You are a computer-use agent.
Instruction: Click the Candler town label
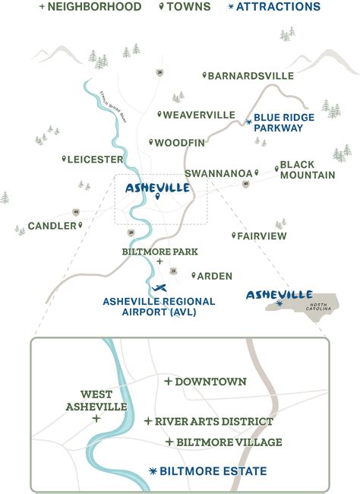(x=52, y=226)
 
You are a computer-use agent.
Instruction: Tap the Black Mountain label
(x=307, y=169)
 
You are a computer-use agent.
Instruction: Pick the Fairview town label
(x=262, y=236)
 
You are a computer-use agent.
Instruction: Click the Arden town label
(x=216, y=276)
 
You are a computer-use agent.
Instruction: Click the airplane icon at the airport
(x=159, y=287)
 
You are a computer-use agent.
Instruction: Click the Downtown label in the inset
(x=210, y=381)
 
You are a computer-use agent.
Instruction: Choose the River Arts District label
(x=213, y=421)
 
